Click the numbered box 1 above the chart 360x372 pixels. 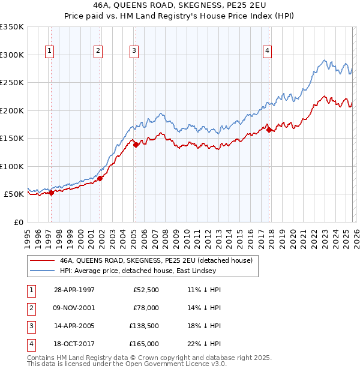tap(49, 52)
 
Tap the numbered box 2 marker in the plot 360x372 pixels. tap(98, 52)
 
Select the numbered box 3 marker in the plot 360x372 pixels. tap(134, 52)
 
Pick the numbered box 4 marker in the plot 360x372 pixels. tap(266, 52)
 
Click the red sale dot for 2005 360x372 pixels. tap(136, 145)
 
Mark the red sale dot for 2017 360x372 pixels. tap(269, 129)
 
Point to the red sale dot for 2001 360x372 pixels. tap(100, 178)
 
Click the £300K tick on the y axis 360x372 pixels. tap(12, 55)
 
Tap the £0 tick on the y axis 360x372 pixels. tap(18, 222)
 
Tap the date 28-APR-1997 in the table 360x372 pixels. tap(74, 290)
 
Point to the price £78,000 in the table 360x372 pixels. tap(147, 308)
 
